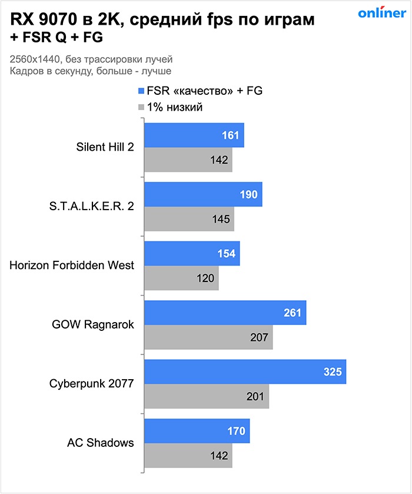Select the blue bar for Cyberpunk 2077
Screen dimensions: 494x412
(x=244, y=372)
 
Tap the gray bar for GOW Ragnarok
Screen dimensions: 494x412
(x=208, y=337)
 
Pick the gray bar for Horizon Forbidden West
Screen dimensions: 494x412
(x=181, y=278)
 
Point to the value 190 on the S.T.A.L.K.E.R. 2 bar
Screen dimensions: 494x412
(x=249, y=195)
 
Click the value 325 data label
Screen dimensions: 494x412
(x=333, y=372)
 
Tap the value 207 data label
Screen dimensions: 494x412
(x=260, y=338)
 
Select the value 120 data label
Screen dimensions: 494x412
(x=205, y=279)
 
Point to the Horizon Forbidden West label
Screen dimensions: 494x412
(x=72, y=266)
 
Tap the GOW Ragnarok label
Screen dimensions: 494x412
(x=94, y=324)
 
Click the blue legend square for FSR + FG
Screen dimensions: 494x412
(x=141, y=91)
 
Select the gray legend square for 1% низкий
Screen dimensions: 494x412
(x=141, y=107)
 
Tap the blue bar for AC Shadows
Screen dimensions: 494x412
(x=196, y=431)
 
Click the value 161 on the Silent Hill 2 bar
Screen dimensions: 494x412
(x=231, y=136)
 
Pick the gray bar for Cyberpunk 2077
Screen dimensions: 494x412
(x=206, y=396)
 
